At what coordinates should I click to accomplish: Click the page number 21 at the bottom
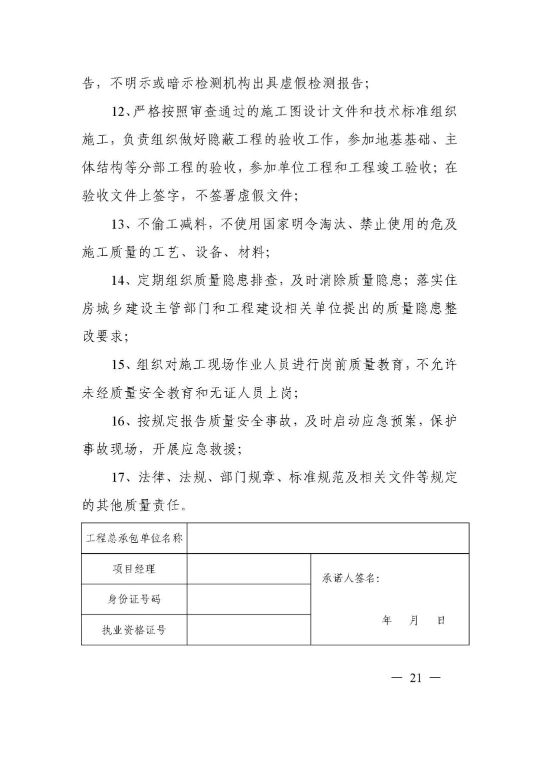[415, 678]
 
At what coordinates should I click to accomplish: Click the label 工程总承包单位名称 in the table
[134, 538]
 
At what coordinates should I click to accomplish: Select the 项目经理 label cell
[134, 569]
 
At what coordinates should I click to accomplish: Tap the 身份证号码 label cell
[134, 599]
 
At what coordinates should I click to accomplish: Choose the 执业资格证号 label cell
[134, 630]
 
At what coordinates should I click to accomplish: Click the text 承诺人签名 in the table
[350, 579]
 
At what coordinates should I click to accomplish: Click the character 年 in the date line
[386, 621]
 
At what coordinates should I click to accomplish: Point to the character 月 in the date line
[413, 621]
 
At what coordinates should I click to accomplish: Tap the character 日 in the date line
[441, 621]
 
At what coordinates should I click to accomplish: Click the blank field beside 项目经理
[248, 569]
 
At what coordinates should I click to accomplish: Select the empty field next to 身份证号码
[248, 599]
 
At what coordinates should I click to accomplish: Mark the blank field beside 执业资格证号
[248, 630]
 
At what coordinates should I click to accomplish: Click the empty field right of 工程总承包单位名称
[327, 538]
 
